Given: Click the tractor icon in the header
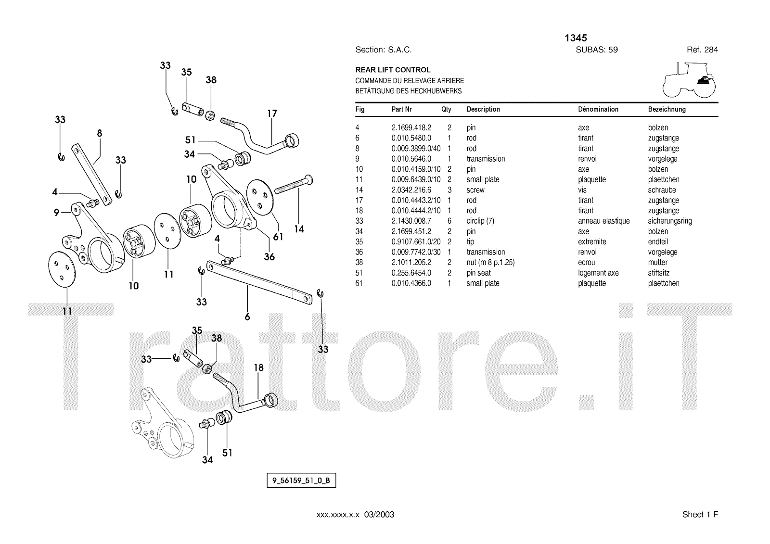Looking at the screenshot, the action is click(689, 81).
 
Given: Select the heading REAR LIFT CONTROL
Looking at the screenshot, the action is click(393, 70).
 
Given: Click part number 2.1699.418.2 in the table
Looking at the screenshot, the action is click(411, 128).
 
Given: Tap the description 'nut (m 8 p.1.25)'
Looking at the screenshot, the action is click(490, 263).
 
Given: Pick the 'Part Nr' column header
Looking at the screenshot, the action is click(401, 109).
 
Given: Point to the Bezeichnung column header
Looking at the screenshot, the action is click(667, 109).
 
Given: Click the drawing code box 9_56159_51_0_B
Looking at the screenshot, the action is click(301, 481).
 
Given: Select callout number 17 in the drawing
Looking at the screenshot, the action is click(272, 114).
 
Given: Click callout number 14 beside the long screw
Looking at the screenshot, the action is click(299, 229).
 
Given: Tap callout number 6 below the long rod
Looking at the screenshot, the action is click(247, 317).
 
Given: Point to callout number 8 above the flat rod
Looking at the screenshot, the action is click(100, 133).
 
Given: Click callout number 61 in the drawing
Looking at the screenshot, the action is click(278, 237).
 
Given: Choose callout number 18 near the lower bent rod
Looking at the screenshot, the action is click(258, 368).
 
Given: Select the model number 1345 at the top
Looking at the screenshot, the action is click(576, 38).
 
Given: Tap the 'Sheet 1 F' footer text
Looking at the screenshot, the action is click(700, 515).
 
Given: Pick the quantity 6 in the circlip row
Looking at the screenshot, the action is click(449, 221).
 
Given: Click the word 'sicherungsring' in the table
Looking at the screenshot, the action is click(670, 221).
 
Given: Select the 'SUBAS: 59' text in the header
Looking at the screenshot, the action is click(597, 50).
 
